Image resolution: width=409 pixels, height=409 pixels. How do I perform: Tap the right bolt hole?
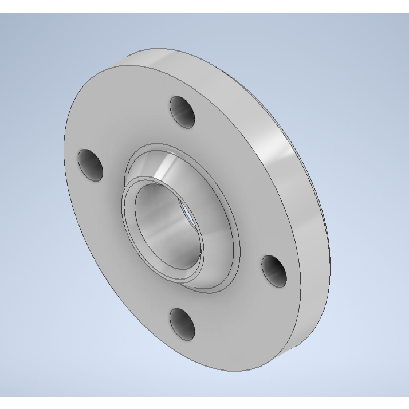pos(274,270)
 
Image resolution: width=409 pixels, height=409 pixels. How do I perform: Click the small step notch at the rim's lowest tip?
pos(297,346)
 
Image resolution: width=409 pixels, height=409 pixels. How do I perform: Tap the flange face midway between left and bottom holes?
pos(123,258)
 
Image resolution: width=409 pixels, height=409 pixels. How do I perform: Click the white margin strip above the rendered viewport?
pos(204,6)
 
